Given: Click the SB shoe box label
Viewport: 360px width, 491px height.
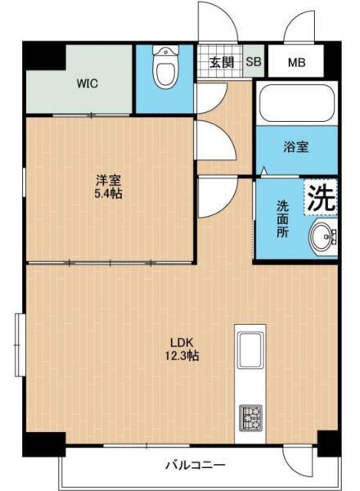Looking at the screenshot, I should tap(254, 61).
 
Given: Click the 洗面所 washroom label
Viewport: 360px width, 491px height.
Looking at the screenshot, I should tap(281, 219).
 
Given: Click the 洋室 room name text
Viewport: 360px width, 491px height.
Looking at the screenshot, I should tap(109, 181).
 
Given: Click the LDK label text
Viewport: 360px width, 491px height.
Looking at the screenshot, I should tap(181, 341).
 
